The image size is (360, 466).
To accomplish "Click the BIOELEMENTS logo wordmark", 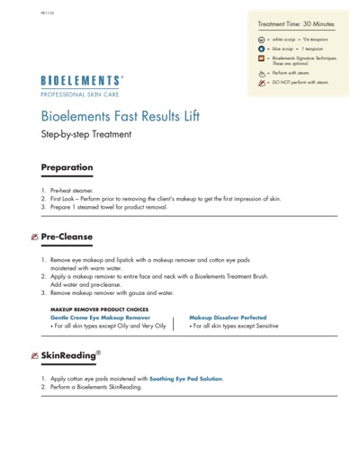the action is (82, 81).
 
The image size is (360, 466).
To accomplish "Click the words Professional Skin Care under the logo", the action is (82, 94).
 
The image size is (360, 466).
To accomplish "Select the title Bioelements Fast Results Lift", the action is (121, 117).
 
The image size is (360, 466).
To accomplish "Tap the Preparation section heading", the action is (67, 167).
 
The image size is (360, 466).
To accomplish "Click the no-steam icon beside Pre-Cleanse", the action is (33, 237).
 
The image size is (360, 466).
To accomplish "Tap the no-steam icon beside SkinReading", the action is (33, 357).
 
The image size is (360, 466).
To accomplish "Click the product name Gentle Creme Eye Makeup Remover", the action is (100, 318).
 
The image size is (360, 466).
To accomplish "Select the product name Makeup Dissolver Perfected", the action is (228, 318).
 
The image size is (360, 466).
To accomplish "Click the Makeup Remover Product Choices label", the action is (99, 309).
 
